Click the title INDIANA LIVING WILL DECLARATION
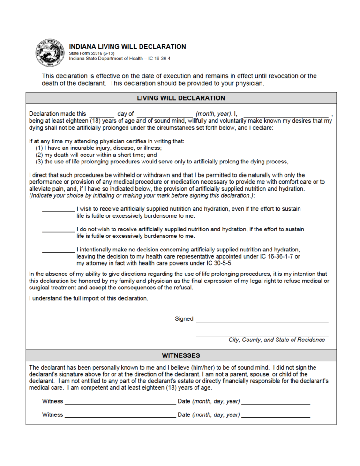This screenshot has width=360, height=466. [127, 47]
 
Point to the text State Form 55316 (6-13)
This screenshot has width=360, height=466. [92, 53]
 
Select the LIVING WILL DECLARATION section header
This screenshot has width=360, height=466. [181, 98]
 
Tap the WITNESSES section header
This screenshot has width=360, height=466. [181, 355]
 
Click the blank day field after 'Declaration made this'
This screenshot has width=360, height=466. [102, 114]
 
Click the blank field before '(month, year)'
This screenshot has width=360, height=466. [165, 114]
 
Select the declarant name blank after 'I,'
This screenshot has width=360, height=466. [286, 114]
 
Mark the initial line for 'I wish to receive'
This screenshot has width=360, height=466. [58, 210]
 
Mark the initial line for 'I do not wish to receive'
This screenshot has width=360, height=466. [58, 230]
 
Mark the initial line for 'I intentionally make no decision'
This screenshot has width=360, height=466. [58, 251]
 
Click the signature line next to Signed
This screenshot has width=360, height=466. [262, 320]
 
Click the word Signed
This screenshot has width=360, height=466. [184, 319]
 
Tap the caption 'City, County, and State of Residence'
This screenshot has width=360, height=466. [277, 340]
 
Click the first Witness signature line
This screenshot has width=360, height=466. [120, 402]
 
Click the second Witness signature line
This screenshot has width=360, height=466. [120, 415]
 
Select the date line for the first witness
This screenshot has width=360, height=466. [276, 402]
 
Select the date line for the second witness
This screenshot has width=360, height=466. [276, 415]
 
